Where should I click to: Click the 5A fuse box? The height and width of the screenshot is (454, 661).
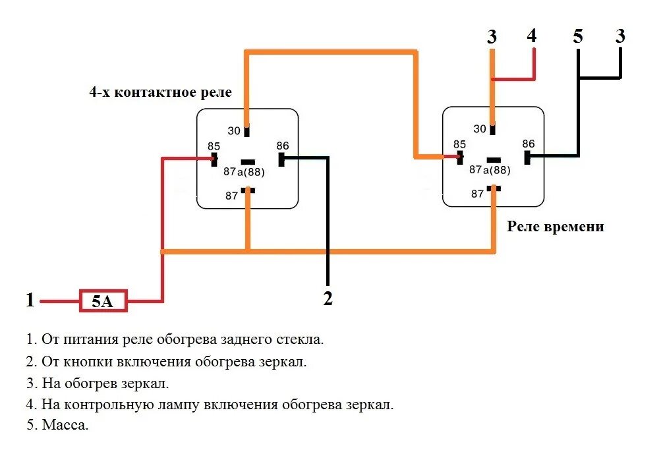[x=103, y=302]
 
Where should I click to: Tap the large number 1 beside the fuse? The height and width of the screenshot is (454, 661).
[x=30, y=300]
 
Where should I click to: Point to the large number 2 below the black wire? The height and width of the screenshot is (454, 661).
[x=328, y=298]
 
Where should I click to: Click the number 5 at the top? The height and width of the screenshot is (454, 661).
[x=578, y=36]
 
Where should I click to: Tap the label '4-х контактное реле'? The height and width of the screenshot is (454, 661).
[x=160, y=92]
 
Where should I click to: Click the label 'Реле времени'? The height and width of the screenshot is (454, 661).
[x=555, y=227]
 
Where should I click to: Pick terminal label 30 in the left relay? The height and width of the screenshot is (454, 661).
[x=234, y=130]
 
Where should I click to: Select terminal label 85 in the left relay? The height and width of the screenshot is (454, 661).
[x=214, y=146]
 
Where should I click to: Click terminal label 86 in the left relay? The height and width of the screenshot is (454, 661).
[x=282, y=146]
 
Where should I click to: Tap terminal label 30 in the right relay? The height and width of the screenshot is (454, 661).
[x=480, y=129]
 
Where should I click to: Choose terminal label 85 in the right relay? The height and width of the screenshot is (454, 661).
[x=459, y=144]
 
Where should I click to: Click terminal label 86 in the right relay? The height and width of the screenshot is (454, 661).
[x=528, y=144]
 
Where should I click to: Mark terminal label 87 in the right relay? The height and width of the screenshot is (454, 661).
[x=477, y=194]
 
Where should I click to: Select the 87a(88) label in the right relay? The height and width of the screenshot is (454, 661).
[x=490, y=169]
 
